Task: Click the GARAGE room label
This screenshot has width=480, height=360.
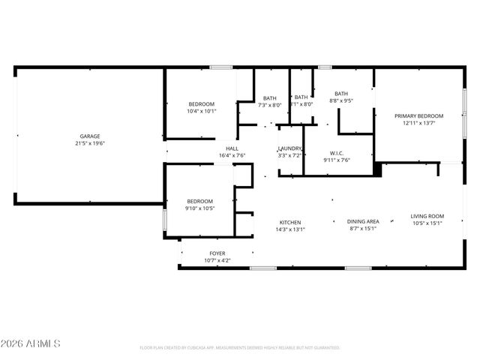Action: click(90, 136)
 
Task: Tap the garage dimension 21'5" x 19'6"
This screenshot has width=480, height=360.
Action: click(90, 143)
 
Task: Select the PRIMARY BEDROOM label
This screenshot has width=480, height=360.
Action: click(419, 115)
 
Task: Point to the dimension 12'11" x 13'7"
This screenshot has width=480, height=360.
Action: click(419, 123)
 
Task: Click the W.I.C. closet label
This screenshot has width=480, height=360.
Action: click(337, 153)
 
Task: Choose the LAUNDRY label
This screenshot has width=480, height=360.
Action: click(289, 148)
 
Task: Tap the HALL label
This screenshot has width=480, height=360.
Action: click(232, 148)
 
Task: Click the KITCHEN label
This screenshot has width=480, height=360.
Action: click(290, 223)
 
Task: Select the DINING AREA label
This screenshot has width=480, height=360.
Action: click(363, 221)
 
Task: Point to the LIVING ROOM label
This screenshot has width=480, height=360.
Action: click(427, 216)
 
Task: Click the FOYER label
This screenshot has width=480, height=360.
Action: click(217, 253)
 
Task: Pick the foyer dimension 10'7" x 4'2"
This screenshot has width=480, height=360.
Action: click(217, 261)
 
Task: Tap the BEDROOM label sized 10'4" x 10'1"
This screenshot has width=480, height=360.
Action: click(202, 103)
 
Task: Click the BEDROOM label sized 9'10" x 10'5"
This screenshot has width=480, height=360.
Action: click(200, 201)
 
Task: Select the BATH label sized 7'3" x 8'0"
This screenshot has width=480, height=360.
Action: click(269, 98)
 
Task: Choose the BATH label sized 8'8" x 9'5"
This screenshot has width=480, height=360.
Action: click(341, 93)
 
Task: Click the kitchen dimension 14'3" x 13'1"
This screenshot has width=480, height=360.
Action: click(290, 230)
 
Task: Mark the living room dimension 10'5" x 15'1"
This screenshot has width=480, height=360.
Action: click(427, 223)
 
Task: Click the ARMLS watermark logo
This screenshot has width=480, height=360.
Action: click(31, 343)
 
